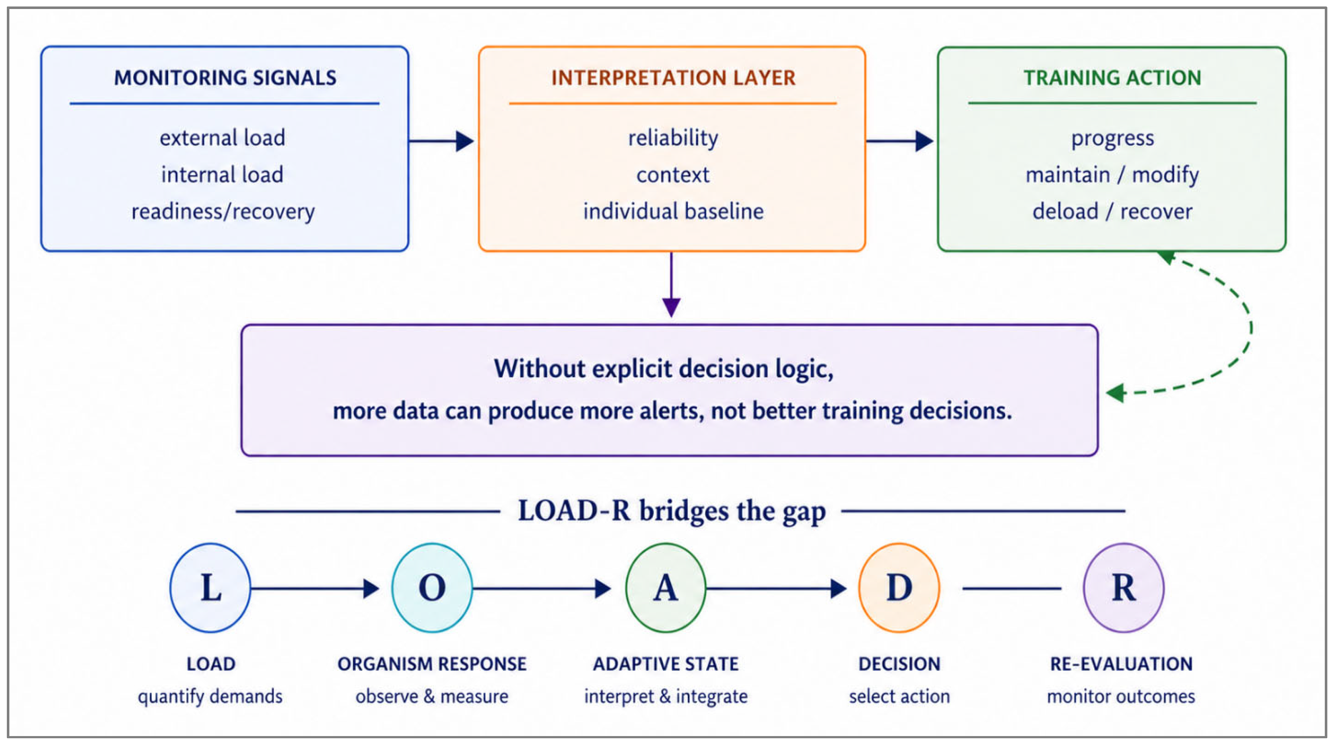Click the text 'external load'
point(222,138)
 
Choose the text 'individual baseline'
point(673,211)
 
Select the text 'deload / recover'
point(1112,211)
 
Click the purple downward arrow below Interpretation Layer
point(671,284)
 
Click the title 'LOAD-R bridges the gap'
point(672,511)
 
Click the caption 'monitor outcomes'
point(1121,696)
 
